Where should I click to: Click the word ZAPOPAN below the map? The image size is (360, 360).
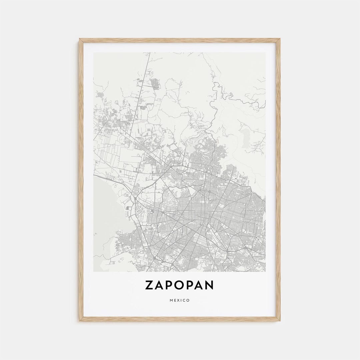[179, 285]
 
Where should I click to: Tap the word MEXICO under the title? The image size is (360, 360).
[179, 300]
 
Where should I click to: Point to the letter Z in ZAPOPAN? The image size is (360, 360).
[149, 285]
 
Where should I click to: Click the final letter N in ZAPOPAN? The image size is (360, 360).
[209, 285]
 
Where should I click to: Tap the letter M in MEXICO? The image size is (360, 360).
[171, 300]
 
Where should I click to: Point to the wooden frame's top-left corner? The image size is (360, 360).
[80, 39]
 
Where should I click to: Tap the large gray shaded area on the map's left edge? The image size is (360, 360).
[103, 207]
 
